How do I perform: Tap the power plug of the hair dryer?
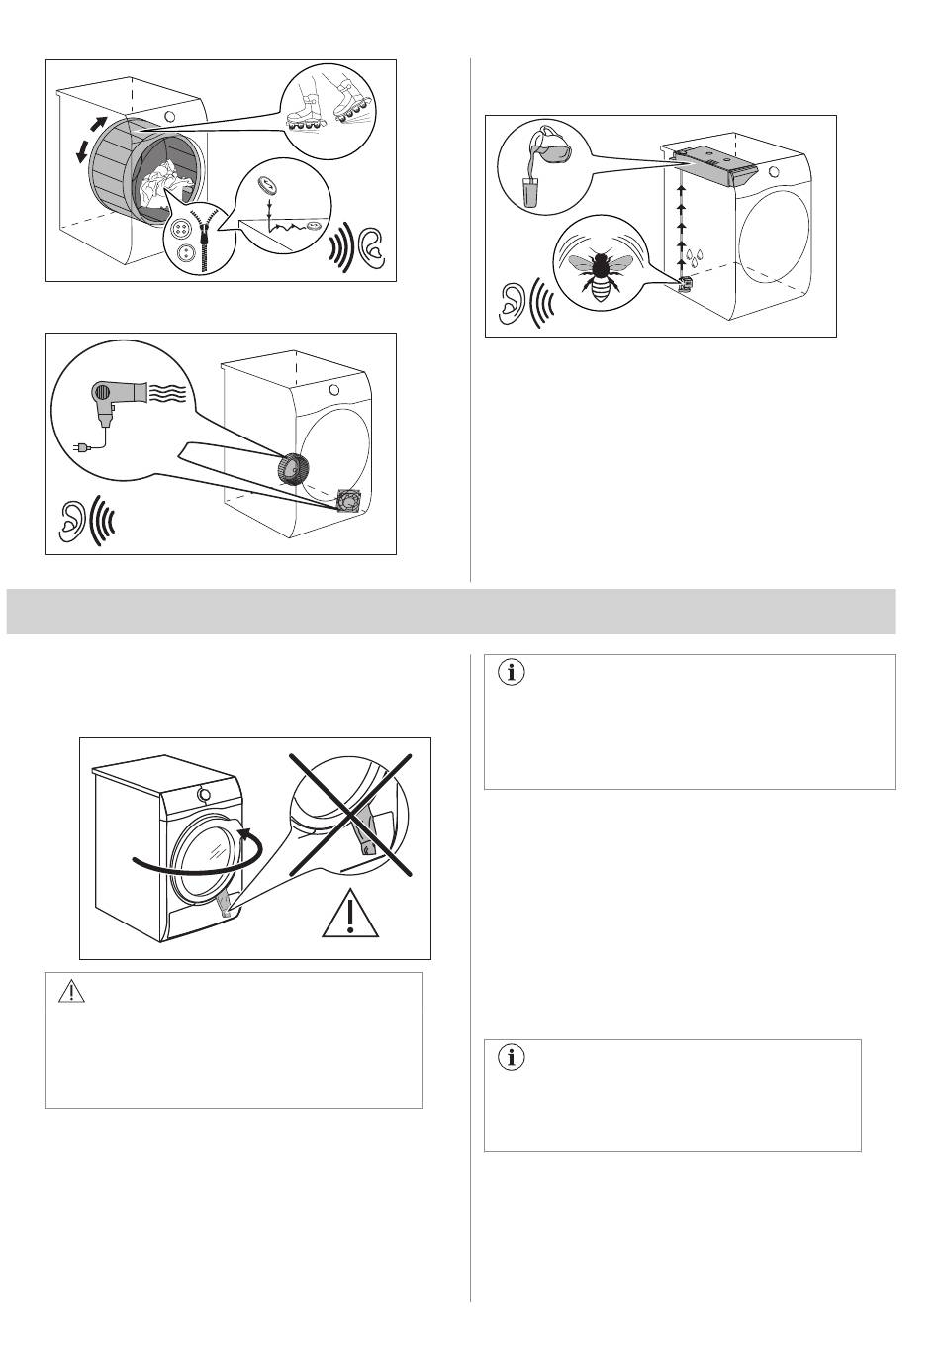point(82,448)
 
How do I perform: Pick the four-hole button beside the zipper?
point(182,230)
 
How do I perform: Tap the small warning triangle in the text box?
point(69,992)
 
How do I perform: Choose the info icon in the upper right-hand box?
point(513,673)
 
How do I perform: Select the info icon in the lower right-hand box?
point(513,1057)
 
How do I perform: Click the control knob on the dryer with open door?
point(203,794)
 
